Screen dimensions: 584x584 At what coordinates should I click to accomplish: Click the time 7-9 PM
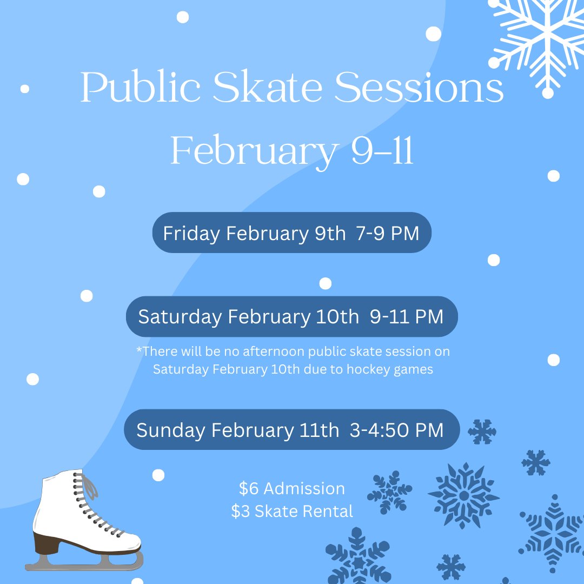click(388, 233)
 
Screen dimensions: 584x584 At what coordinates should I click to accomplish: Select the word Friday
click(191, 233)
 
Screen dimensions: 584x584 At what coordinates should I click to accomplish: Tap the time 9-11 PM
click(407, 316)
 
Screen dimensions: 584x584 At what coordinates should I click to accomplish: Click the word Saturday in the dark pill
click(180, 316)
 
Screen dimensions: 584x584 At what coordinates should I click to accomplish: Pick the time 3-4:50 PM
click(396, 430)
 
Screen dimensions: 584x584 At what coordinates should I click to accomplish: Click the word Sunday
click(170, 430)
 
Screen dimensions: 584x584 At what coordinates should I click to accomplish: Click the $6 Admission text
click(292, 488)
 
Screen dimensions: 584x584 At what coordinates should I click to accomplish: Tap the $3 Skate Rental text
click(292, 511)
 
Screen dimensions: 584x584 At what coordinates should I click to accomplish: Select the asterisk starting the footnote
click(139, 350)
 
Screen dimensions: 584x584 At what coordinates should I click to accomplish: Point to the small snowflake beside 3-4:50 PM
click(482, 432)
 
